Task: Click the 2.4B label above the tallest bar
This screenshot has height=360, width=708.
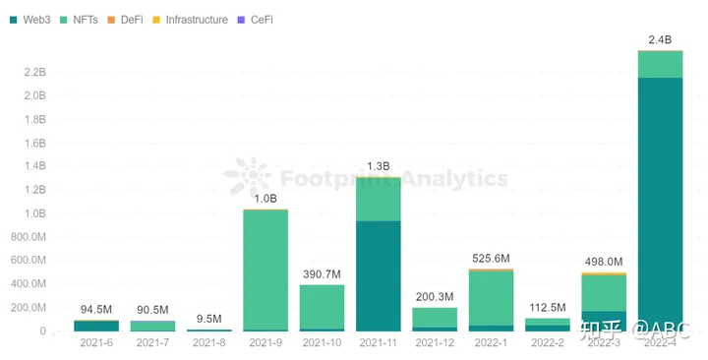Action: [661, 39]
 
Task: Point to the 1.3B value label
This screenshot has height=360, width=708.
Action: [379, 166]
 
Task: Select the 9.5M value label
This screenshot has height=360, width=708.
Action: [209, 319]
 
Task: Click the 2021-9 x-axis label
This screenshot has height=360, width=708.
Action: [265, 342]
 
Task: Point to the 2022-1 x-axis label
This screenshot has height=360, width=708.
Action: [491, 342]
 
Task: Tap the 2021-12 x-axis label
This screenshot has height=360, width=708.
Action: [435, 342]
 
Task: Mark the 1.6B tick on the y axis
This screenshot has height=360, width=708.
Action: [32, 143]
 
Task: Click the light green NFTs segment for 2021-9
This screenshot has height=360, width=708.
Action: [265, 270]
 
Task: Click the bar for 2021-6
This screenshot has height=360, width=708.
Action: [96, 326]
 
